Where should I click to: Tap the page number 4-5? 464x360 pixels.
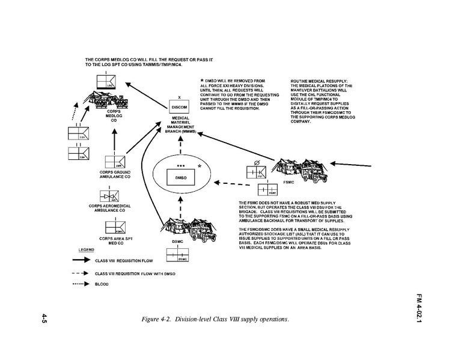(45, 319)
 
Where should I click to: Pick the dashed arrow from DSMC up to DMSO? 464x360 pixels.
(179, 207)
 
